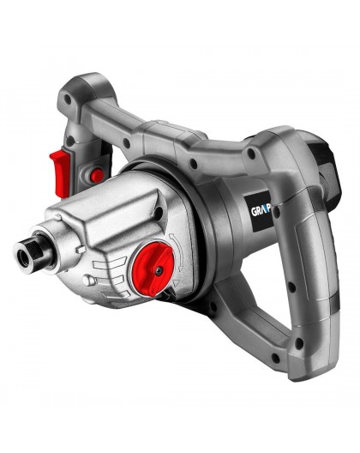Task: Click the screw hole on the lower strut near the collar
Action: coord(219,296)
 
